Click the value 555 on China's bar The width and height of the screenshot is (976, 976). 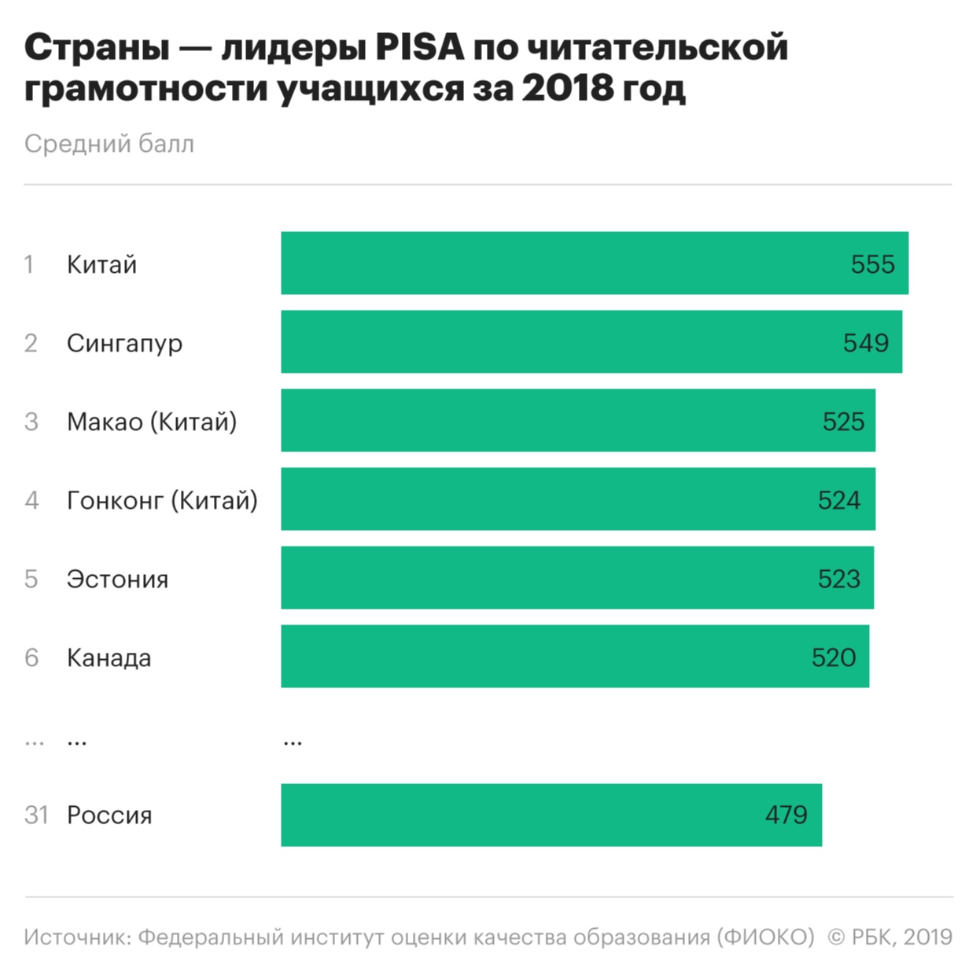(872, 264)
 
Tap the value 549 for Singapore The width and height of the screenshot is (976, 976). (865, 343)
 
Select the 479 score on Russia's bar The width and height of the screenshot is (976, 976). (786, 815)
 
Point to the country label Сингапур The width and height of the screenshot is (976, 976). (124, 344)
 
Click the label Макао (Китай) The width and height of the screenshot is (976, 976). (152, 422)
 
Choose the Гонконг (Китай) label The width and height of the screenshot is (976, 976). (162, 501)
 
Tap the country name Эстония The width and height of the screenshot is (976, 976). (117, 580)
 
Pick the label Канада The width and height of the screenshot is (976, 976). (109, 658)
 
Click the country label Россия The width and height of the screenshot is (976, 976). (109, 816)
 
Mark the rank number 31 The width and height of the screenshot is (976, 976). (36, 816)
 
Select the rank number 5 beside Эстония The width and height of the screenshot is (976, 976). (31, 580)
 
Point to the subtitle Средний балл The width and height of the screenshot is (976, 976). (109, 144)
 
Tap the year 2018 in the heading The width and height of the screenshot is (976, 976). (567, 88)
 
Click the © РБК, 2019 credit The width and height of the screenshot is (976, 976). (889, 937)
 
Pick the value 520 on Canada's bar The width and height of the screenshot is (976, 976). (833, 657)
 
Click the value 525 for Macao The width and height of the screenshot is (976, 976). (843, 422)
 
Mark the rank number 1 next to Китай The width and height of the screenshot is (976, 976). (29, 265)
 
